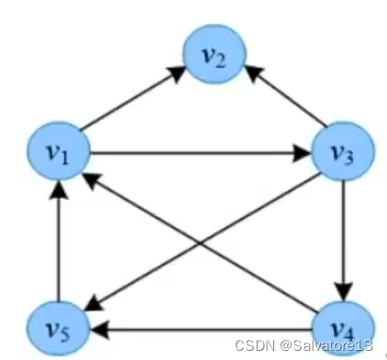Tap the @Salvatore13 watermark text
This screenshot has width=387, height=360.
tap(327, 344)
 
